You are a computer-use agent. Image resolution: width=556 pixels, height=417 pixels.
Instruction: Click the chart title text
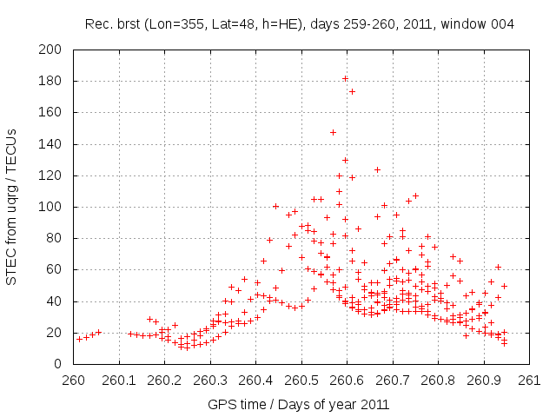click(x=300, y=23)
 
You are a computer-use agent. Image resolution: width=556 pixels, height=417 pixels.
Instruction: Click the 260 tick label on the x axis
click(x=74, y=380)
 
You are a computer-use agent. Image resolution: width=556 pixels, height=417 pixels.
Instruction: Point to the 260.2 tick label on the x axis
click(x=165, y=380)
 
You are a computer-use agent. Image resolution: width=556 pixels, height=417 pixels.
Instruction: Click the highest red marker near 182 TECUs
click(x=345, y=79)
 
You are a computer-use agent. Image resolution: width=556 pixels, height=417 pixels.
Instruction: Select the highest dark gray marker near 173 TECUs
click(x=352, y=91)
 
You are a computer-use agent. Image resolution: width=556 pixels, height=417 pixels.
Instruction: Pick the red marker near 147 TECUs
click(x=333, y=132)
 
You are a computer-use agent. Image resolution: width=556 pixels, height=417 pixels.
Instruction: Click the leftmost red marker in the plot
click(x=79, y=339)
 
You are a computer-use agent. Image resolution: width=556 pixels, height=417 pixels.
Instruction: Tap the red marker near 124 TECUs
click(x=377, y=169)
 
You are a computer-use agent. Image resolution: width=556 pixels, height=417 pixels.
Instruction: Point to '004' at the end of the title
click(x=502, y=23)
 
